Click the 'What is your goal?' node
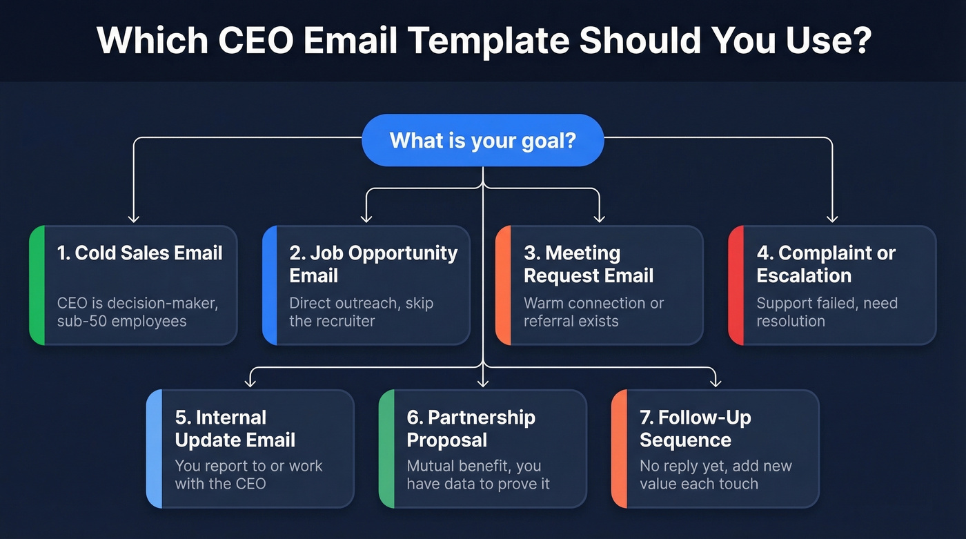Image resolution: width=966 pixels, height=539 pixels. click(482, 140)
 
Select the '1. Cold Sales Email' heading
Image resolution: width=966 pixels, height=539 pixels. click(140, 253)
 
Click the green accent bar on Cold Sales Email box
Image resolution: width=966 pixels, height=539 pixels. click(37, 284)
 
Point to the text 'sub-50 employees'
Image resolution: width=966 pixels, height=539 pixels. click(121, 321)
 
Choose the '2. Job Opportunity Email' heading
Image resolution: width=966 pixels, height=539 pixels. click(373, 264)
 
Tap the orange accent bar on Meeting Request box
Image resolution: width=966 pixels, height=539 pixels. click(503, 284)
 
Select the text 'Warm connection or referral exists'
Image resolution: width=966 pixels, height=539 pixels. click(593, 312)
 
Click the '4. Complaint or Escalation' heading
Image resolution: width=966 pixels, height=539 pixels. click(825, 264)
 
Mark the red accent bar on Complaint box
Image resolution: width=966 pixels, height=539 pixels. click(736, 284)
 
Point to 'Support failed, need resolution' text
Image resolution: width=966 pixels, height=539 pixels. click(827, 312)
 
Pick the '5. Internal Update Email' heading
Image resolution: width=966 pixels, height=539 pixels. click(235, 429)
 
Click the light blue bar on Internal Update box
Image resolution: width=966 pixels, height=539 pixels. click(154, 448)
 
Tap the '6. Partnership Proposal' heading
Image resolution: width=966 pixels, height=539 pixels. click(471, 429)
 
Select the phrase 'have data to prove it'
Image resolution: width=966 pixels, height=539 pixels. click(478, 484)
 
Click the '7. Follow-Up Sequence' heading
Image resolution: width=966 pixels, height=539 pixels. click(695, 429)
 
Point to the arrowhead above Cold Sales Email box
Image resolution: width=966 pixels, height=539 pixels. click(134, 218)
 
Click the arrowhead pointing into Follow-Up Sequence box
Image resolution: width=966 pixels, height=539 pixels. click(716, 382)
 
